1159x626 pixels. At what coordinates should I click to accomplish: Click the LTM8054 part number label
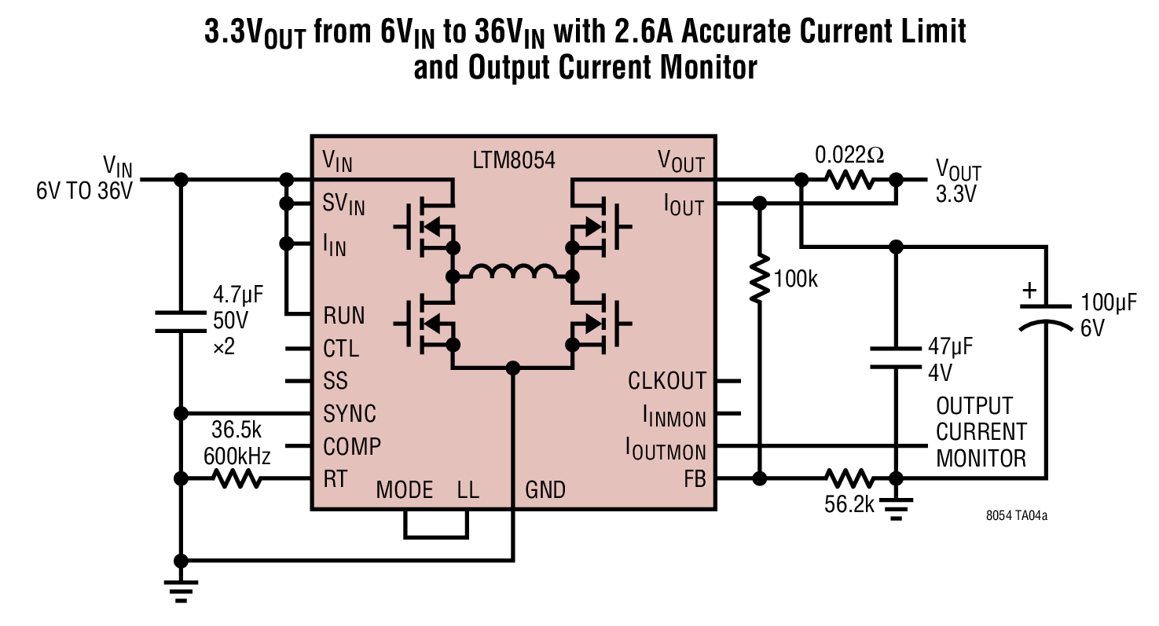point(513,160)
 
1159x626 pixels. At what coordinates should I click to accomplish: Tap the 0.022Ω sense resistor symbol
point(849,180)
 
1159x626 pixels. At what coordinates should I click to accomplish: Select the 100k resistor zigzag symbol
point(759,278)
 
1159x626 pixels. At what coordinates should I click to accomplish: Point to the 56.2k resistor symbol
point(849,478)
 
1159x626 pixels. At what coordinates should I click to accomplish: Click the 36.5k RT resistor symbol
point(237,478)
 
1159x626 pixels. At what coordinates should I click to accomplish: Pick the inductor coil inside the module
point(513,272)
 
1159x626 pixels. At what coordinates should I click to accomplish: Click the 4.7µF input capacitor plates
point(181,321)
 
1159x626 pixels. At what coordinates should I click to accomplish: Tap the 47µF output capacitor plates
point(896,358)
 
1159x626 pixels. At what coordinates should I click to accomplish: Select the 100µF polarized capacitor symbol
point(1046,317)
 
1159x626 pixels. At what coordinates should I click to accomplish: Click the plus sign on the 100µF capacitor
point(1029,291)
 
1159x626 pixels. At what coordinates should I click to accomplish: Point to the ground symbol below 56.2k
point(896,509)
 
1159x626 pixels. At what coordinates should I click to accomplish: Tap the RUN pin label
point(343,315)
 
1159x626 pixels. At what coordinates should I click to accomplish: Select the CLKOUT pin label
point(666,381)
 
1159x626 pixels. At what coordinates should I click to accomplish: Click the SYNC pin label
point(349,413)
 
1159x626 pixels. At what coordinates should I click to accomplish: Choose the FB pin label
point(695,478)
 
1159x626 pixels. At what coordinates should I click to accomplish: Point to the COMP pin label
point(352,446)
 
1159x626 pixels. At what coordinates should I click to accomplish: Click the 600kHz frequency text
point(237,456)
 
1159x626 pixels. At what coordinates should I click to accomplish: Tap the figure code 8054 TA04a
point(1016,516)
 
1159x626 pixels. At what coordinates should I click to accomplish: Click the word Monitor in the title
point(708,68)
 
